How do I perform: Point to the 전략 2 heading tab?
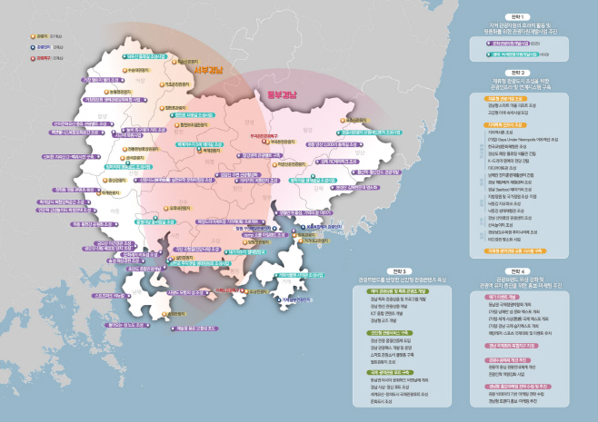coord(518,71)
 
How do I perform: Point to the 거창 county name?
coord(154,79)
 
